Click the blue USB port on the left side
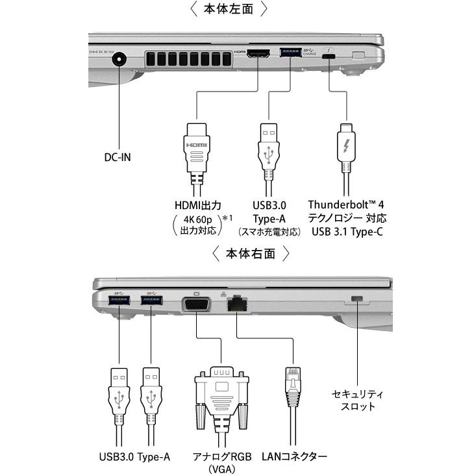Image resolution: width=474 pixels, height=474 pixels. click(289, 53)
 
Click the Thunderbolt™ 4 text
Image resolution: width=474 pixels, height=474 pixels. click(351, 205)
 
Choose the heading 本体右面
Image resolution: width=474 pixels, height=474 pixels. click(250, 254)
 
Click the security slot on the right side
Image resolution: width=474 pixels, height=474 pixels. click(356, 299)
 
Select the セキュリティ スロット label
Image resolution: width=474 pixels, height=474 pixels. click(358, 400)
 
